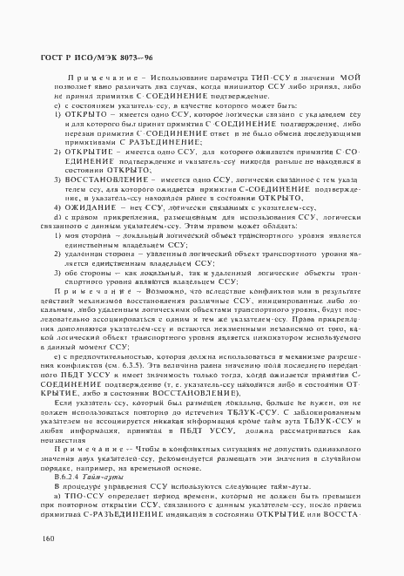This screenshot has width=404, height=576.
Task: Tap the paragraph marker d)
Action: (57, 217)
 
